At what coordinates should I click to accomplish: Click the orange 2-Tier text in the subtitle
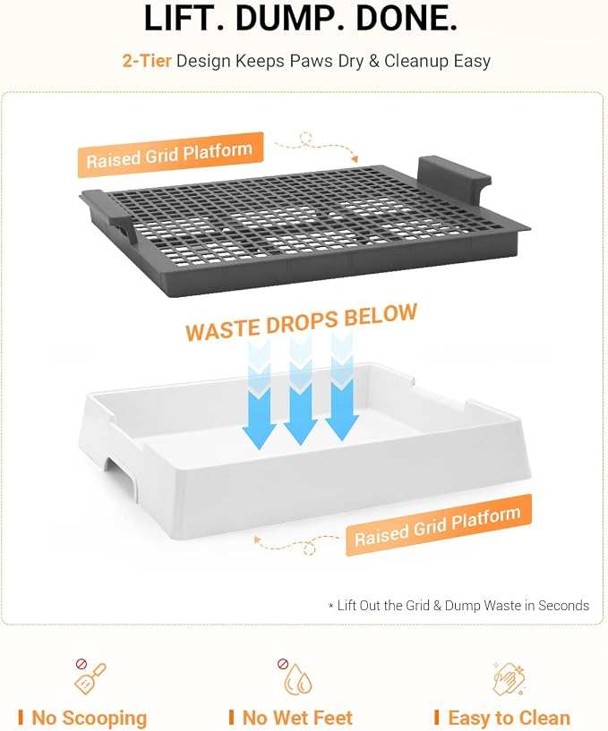coord(147,61)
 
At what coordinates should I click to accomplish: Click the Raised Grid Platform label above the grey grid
coord(170,155)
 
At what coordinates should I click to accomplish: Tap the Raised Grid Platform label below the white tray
coord(438,526)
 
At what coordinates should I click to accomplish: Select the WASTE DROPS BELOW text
coord(301,322)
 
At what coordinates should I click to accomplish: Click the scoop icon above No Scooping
coord(90,676)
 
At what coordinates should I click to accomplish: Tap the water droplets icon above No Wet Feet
coord(295,677)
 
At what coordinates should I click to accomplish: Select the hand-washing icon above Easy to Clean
coord(510,679)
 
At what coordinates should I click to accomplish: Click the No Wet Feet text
coord(297,718)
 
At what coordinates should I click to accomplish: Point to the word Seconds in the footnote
coord(563,606)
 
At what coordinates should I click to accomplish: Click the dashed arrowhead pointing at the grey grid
coord(355,159)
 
